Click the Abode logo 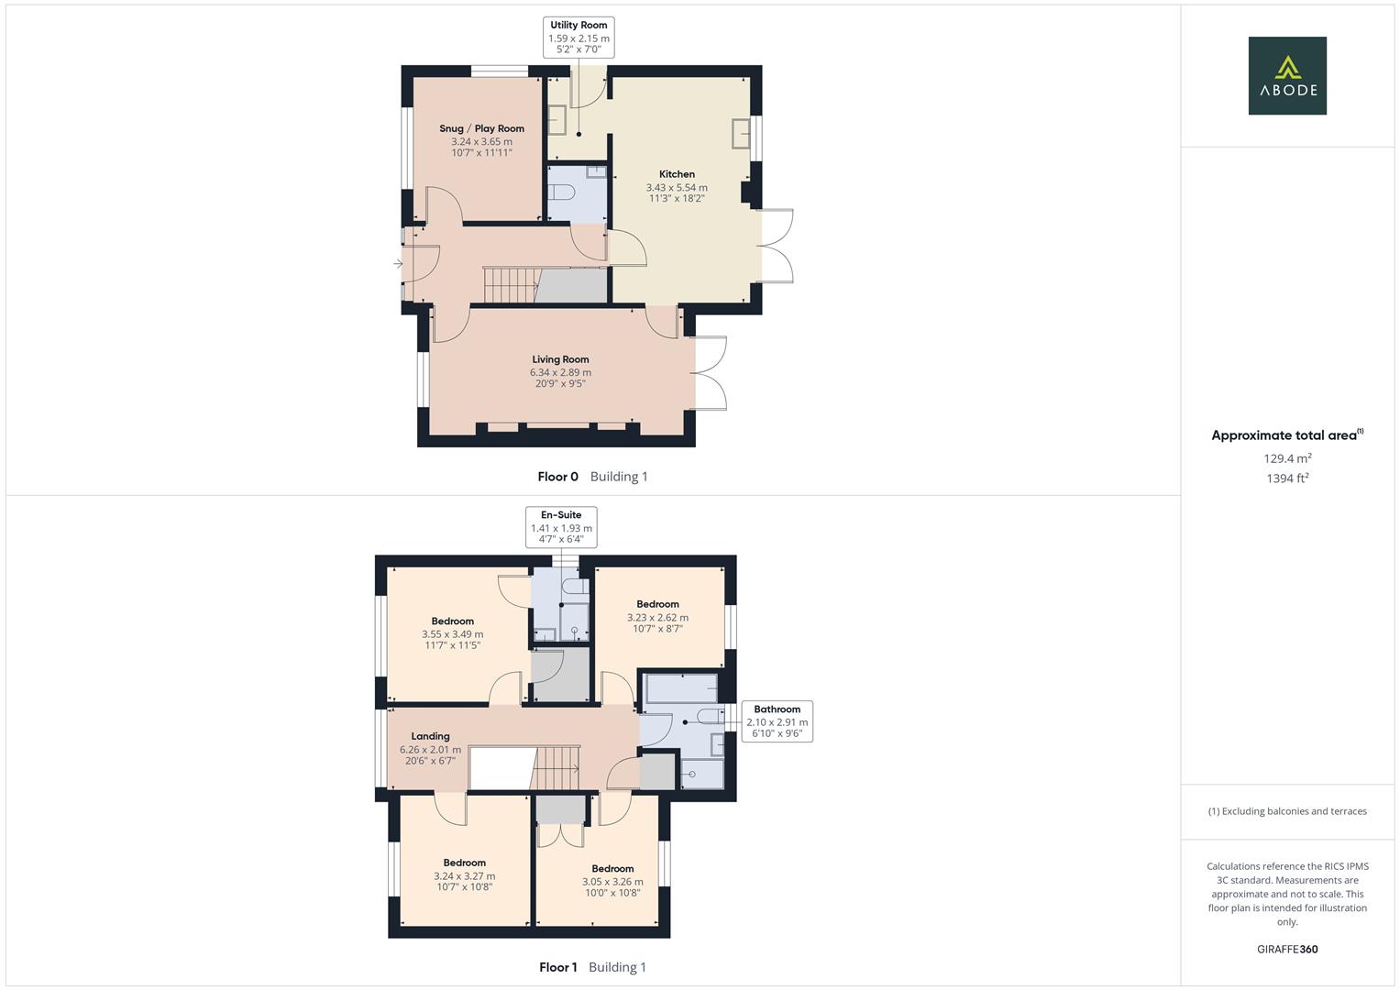point(1286,75)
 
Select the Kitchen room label point(677,174)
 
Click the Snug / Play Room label point(481,128)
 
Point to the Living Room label point(560,359)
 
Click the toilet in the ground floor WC point(560,192)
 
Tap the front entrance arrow point(398,264)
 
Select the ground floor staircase point(511,284)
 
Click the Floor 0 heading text point(557,477)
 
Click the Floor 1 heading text point(557,967)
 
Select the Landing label point(430,736)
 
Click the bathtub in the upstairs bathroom point(680,688)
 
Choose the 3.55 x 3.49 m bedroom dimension point(452,634)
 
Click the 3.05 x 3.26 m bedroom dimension point(612,882)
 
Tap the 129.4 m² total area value point(1287,458)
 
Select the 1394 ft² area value point(1287,478)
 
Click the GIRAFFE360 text point(1287,950)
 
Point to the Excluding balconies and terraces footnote point(1287,811)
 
